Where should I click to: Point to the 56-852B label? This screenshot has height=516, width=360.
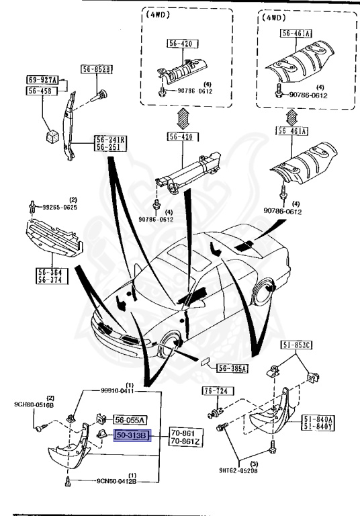tap(97, 69)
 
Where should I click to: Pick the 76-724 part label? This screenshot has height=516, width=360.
tap(214, 390)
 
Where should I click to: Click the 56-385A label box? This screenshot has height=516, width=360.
tap(232, 368)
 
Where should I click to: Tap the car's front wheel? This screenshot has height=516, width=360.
tap(172, 345)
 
